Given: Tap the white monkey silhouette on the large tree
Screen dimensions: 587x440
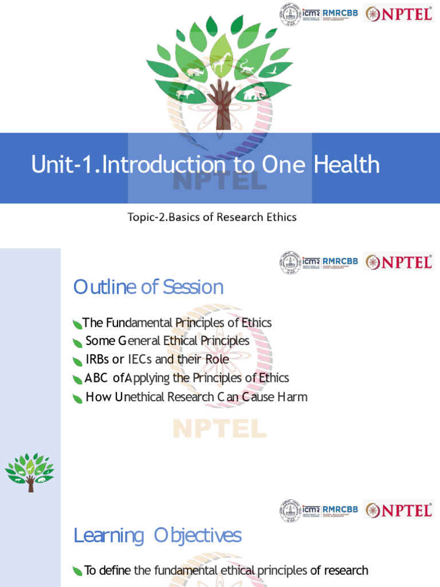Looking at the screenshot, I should pos(247,67).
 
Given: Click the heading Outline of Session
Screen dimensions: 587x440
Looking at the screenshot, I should pos(148,287).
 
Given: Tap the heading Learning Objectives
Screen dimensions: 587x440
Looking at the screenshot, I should pos(158,536).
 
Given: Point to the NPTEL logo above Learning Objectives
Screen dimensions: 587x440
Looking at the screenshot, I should pos(399,510).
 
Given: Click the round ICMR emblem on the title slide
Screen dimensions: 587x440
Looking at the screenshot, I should pos(290,14).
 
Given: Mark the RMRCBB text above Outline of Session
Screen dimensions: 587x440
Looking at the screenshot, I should pos(340,260).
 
